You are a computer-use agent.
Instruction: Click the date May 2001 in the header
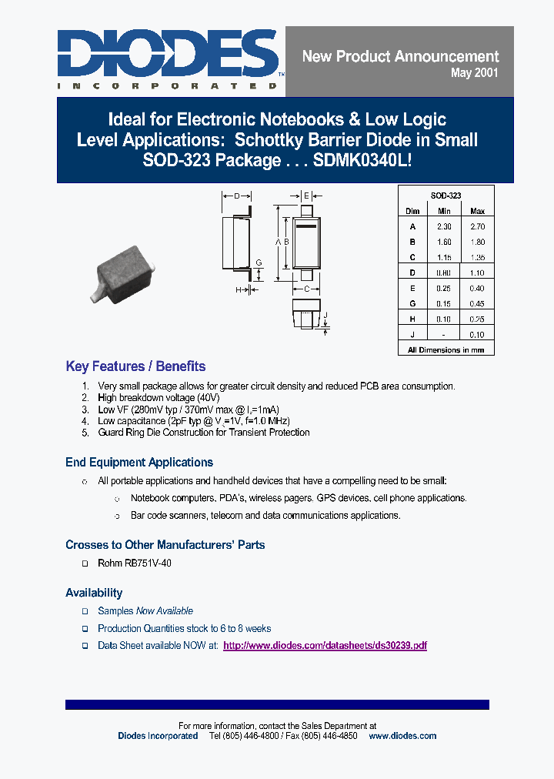[x=474, y=73]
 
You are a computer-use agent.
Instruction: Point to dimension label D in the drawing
[x=238, y=196]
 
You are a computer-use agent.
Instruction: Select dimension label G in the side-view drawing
[x=259, y=262]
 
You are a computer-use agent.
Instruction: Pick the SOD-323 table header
[x=446, y=196]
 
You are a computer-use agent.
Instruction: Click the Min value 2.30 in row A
[x=444, y=226]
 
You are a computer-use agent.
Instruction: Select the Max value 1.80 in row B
[x=477, y=242]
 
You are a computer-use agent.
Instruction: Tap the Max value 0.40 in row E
[x=477, y=288]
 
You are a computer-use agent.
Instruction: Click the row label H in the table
[x=412, y=319]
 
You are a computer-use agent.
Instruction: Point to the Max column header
[x=477, y=211]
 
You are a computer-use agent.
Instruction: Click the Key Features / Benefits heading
[x=135, y=366]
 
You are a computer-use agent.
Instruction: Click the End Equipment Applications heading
[x=139, y=463]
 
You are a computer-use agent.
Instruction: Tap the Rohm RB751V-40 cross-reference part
[x=135, y=563]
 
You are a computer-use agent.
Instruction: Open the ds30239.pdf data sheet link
[x=325, y=646]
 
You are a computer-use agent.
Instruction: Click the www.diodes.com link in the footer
[x=402, y=736]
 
